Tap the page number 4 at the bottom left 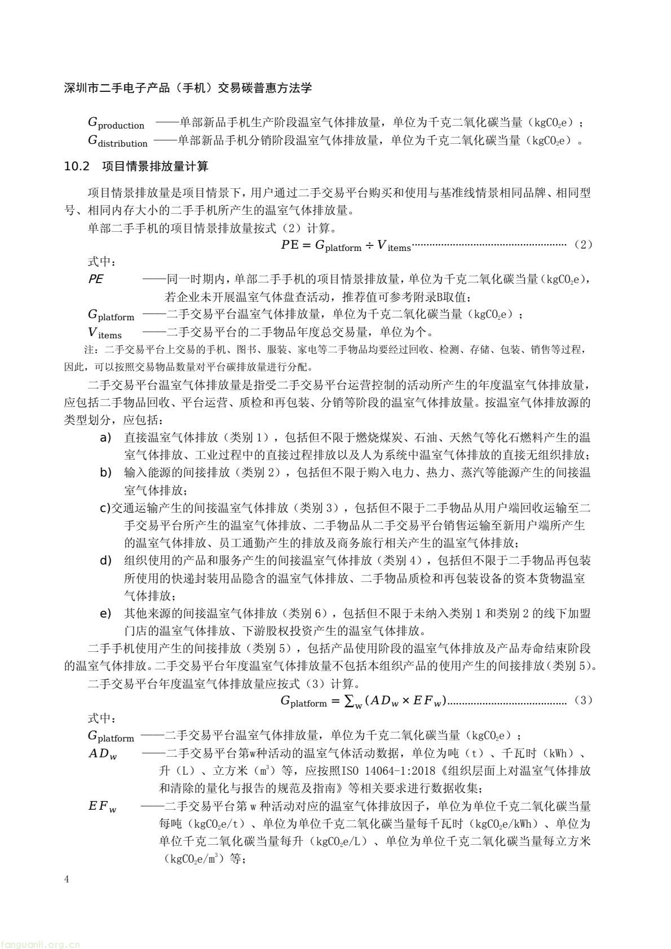pyautogui.click(x=67, y=880)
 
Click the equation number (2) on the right pyautogui.click(x=582, y=245)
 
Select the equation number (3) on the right pyautogui.click(x=582, y=701)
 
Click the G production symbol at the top pyautogui.click(x=116, y=123)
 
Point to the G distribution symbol pyautogui.click(x=117, y=141)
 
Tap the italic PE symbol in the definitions pyautogui.click(x=96, y=279)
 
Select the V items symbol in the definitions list pyautogui.click(x=105, y=333)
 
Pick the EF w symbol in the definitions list pyautogui.click(x=102, y=806)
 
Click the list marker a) pyautogui.click(x=105, y=438)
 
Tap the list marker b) pyautogui.click(x=105, y=473)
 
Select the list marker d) pyautogui.click(x=105, y=560)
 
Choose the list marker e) pyautogui.click(x=105, y=613)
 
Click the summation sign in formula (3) pyautogui.click(x=350, y=701)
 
